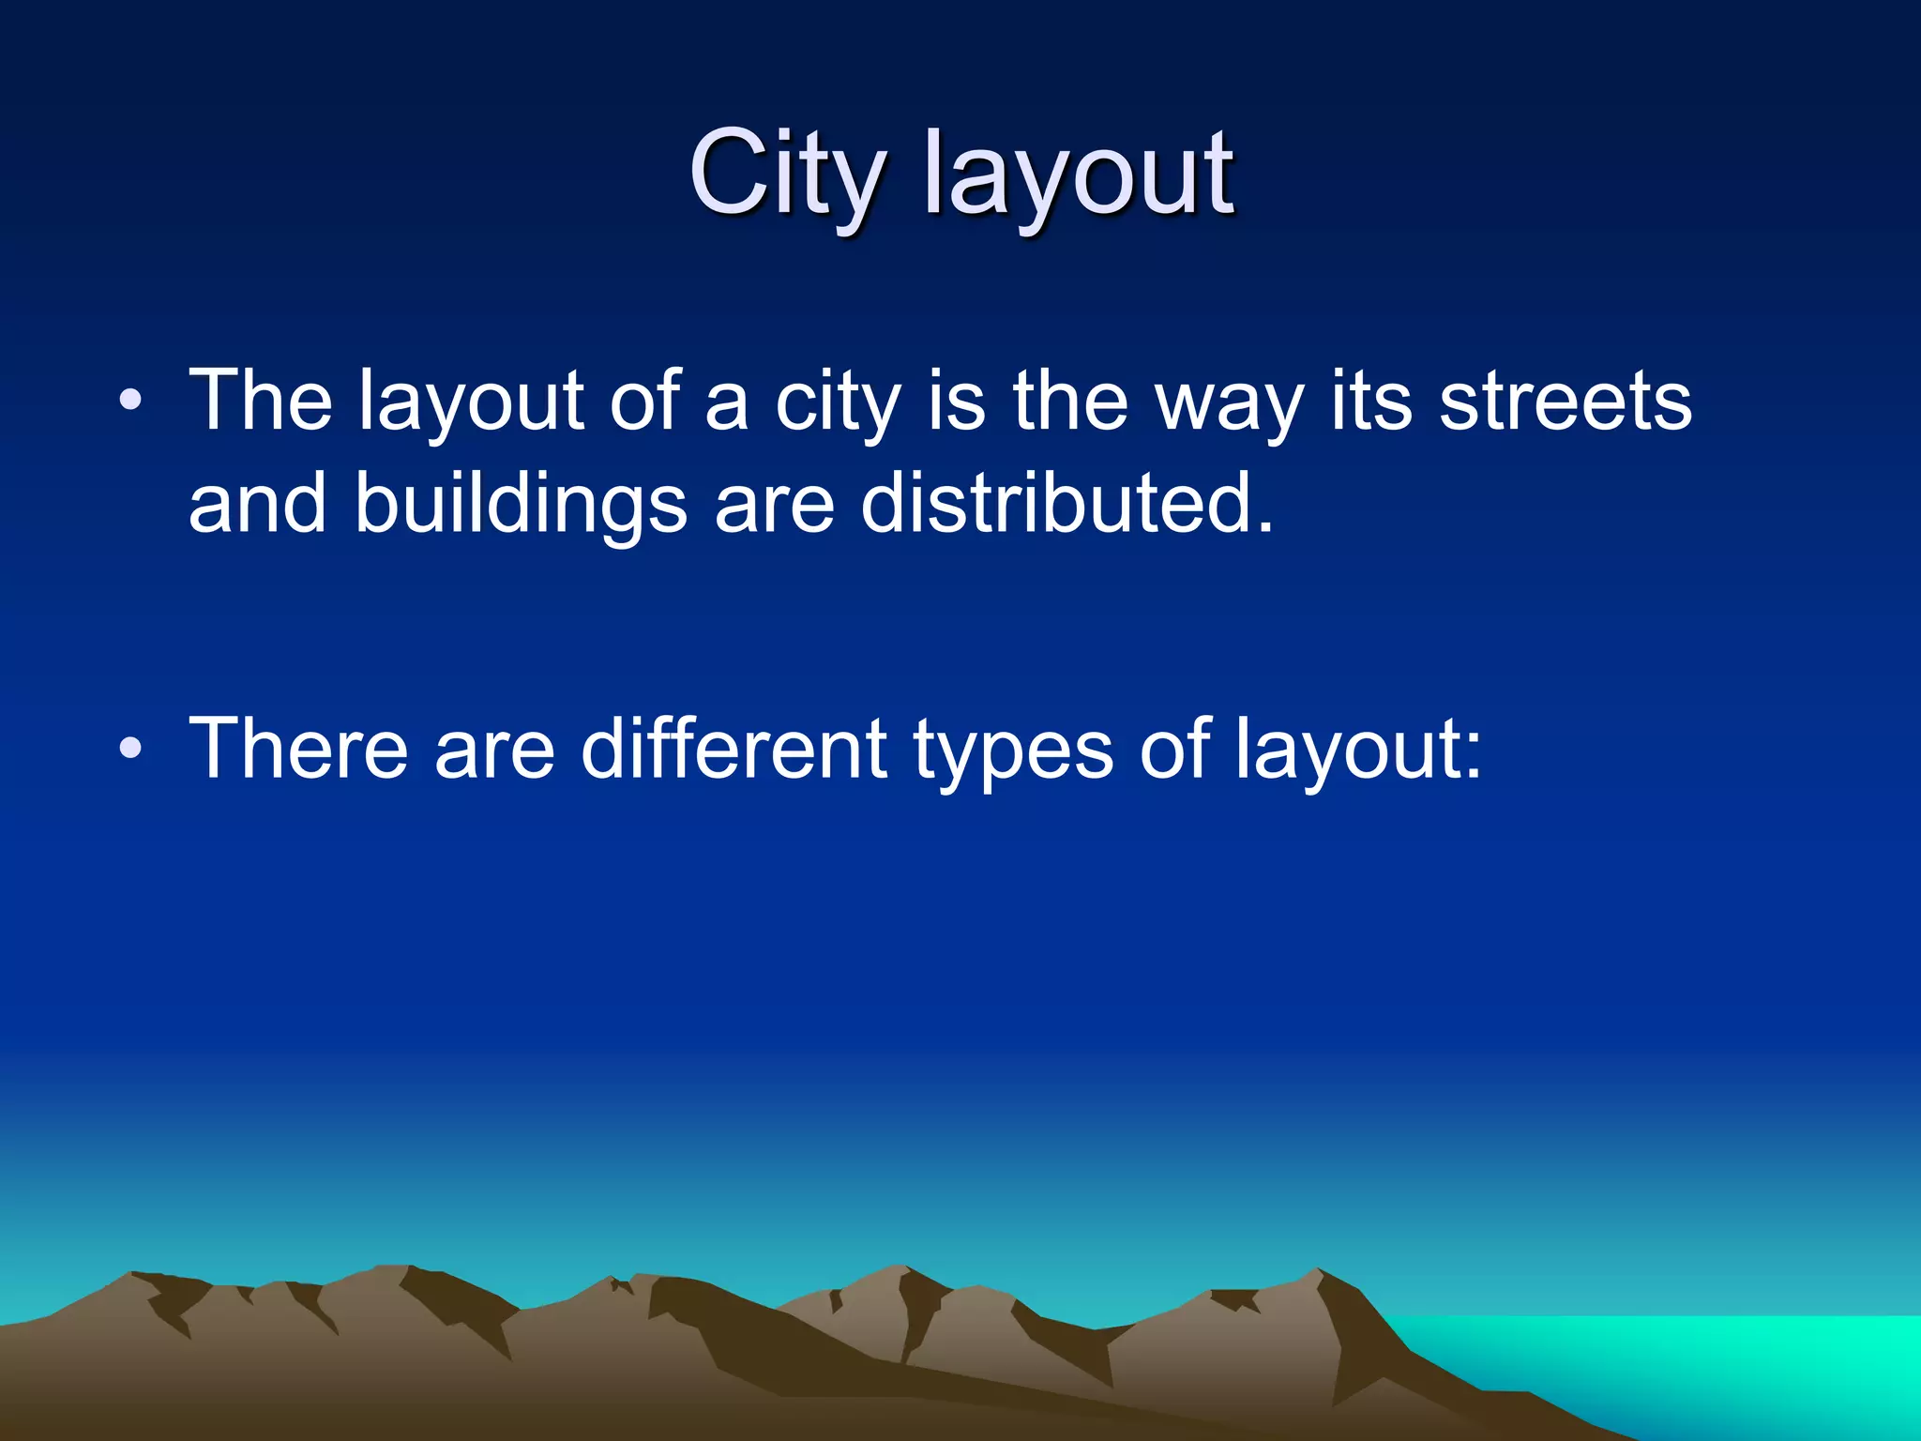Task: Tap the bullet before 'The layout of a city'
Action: click(x=131, y=402)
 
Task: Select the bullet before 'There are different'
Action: click(x=131, y=749)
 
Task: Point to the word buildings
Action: click(x=521, y=504)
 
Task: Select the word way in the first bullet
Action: click(x=1229, y=405)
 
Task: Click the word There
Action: click(x=298, y=749)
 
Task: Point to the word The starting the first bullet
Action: click(x=261, y=402)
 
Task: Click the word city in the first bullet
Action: click(x=837, y=405)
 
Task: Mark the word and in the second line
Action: click(x=257, y=504)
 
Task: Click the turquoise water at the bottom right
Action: click(x=1735, y=1360)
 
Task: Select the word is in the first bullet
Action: click(x=956, y=402)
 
